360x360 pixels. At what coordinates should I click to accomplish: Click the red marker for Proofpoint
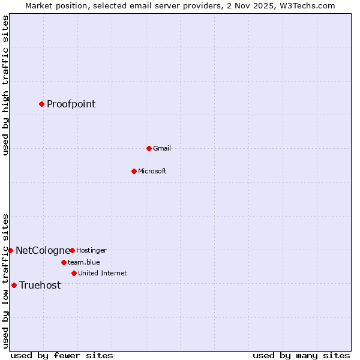(41, 104)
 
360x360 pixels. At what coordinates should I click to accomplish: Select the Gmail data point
(149, 148)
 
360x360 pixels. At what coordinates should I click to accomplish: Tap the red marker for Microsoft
(134, 171)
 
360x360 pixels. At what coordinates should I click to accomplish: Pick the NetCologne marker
(10, 250)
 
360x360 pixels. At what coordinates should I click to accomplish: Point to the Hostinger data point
(72, 250)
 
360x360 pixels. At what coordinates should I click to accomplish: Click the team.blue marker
(64, 262)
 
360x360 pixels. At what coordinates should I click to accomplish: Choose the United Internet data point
(74, 273)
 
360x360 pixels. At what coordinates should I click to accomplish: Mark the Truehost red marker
(14, 285)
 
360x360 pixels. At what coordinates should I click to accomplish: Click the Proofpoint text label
(71, 104)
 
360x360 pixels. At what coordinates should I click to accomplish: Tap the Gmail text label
(162, 148)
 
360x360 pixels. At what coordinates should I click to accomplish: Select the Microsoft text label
(152, 171)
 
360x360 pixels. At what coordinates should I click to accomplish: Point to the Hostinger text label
(91, 250)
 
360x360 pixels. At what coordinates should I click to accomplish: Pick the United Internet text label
(102, 273)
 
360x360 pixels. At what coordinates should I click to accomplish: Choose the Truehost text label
(40, 285)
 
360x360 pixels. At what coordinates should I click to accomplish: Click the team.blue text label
(83, 262)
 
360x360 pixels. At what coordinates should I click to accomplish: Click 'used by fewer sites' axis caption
(62, 355)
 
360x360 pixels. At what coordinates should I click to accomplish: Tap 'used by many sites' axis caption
(301, 355)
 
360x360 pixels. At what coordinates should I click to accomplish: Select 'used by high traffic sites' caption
(5, 85)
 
